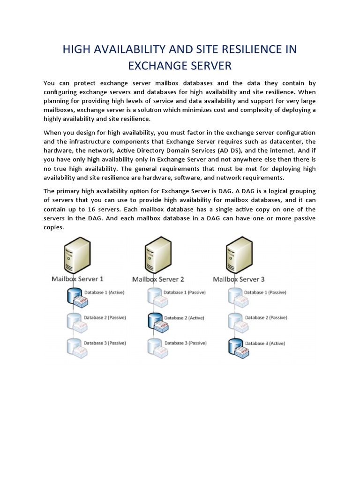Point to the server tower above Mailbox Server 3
(238, 255)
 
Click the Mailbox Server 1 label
(77, 279)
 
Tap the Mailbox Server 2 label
(158, 279)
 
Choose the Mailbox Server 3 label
(239, 279)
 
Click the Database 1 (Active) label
(104, 292)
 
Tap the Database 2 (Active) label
(184, 317)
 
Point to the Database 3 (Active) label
(265, 343)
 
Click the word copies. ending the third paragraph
(53, 227)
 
